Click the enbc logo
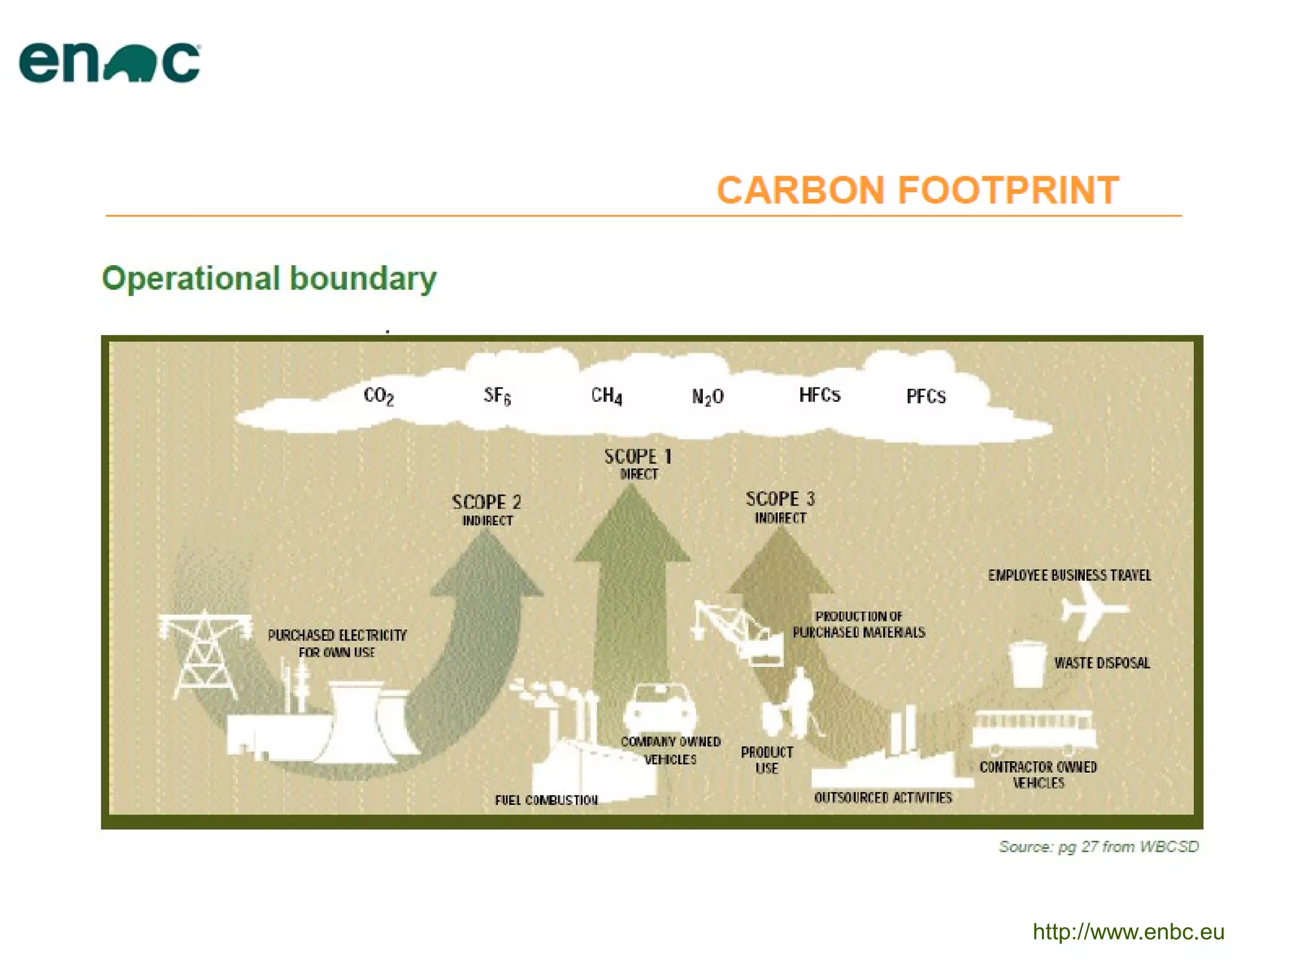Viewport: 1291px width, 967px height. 110,62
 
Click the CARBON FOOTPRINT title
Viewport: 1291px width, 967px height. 917,190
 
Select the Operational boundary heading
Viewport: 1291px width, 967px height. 269,278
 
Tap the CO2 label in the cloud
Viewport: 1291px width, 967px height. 379,396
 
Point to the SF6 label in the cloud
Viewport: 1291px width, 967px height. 497,396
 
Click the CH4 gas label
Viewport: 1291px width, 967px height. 606,396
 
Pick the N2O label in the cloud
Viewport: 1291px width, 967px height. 707,396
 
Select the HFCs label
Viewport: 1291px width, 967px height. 819,395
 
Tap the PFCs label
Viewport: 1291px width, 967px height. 925,396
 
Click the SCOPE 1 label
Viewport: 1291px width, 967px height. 638,457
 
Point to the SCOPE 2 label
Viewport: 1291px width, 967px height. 487,503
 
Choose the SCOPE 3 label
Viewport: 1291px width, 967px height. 780,500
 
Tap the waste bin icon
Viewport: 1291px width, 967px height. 1027,664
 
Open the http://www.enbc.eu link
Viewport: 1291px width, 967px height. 1128,932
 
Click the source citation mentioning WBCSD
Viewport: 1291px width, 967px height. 1098,847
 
